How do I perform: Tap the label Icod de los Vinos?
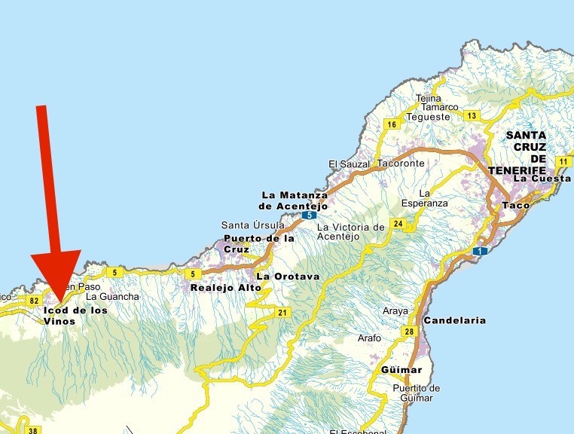pos(75,315)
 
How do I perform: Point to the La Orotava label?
pos(288,277)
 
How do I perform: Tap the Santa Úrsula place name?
pos(252,225)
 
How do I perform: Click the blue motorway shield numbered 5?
pos(309,215)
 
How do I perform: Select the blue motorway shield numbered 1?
pos(481,251)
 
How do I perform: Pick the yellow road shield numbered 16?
pos(391,124)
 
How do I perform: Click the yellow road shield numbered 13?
pos(472,115)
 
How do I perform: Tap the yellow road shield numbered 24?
pos(398,224)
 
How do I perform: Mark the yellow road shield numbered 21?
pos(282,313)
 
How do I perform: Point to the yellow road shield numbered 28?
pos(409,332)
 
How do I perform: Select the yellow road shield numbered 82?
pos(34,301)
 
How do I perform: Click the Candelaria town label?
pos(454,320)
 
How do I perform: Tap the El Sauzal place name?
pos(350,164)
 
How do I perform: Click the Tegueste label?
pos(428,117)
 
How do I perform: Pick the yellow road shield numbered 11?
pos(563,161)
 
